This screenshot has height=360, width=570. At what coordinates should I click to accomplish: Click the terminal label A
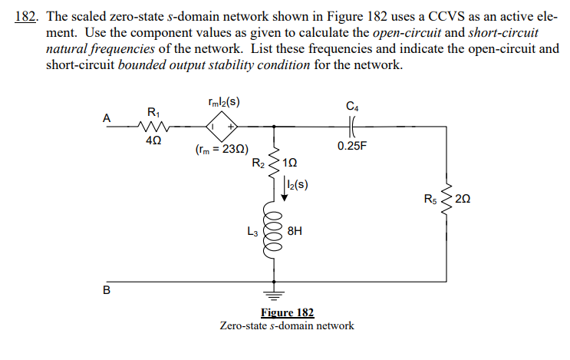tap(107, 117)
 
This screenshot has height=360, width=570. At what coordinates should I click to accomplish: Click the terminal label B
tap(107, 290)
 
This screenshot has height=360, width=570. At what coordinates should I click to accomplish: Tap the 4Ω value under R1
tap(153, 140)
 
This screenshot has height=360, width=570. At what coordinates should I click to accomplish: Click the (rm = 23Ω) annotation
tap(222, 150)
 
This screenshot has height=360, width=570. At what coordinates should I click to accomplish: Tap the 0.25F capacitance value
tap(353, 145)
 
